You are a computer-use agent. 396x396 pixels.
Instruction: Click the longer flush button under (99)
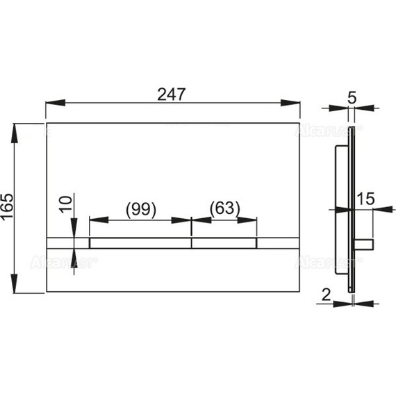coord(140,243)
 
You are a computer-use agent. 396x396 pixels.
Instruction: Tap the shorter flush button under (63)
coord(224,243)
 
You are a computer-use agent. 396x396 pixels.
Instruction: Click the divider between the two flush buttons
coord(191,243)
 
